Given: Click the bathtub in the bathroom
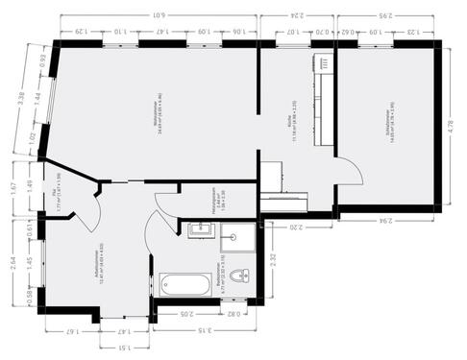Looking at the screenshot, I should (x=186, y=284).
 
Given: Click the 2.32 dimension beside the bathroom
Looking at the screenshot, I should (x=272, y=258).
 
